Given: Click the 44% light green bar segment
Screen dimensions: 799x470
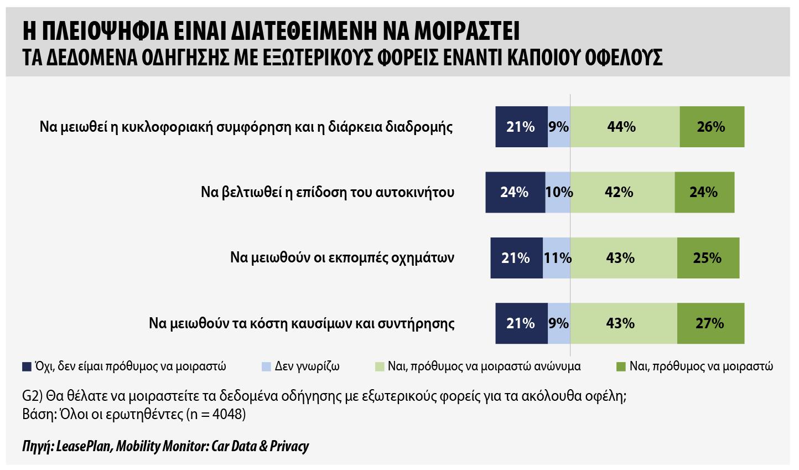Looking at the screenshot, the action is (625, 127).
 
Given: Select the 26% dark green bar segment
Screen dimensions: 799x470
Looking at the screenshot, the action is (712, 127).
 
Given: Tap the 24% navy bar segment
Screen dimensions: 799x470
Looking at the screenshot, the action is (515, 192).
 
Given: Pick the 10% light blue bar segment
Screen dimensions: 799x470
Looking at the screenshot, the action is (558, 192).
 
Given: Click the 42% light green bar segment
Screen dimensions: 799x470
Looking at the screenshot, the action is (622, 192).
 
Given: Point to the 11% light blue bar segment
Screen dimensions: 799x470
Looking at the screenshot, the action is (557, 257).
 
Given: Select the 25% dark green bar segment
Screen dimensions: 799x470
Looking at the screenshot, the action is (708, 257).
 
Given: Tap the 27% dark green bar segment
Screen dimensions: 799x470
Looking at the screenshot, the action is (711, 323).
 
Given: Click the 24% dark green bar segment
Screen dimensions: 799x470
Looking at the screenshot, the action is (704, 192).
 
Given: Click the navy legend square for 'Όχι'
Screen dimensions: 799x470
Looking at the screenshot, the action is (27, 367).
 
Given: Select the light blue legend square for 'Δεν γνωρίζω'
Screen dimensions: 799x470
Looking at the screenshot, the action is (267, 367).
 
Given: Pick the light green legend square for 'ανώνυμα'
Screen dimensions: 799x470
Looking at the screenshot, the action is (380, 367).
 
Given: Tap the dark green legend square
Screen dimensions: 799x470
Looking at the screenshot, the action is (621, 367).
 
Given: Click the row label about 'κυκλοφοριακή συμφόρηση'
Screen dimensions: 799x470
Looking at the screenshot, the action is (246, 127).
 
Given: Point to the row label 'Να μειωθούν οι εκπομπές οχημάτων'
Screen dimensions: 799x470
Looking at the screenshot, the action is (342, 257).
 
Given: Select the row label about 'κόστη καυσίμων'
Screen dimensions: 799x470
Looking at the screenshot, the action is (302, 323).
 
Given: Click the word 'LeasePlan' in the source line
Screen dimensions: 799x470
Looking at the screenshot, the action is (84, 446).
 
